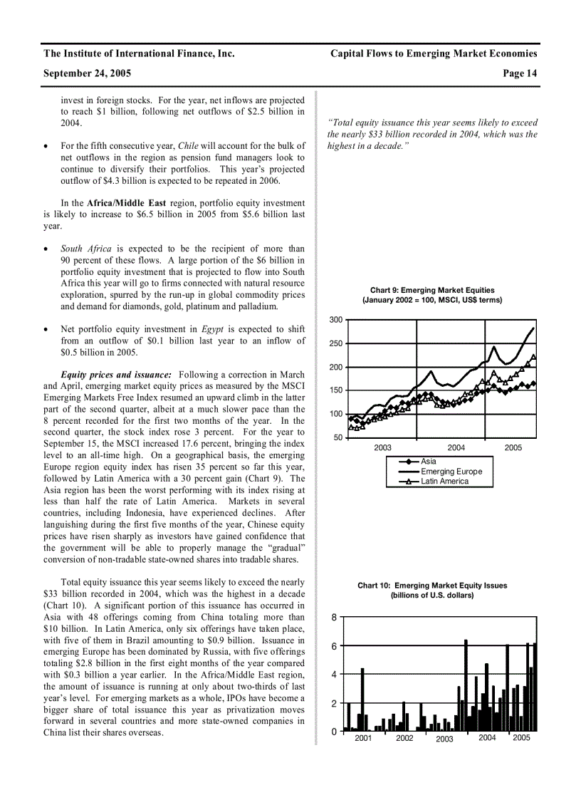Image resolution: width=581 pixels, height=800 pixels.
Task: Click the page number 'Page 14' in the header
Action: [x=520, y=73]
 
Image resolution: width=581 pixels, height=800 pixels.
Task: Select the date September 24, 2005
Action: [x=87, y=73]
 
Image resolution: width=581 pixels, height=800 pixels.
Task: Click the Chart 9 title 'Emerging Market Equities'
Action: [x=432, y=291]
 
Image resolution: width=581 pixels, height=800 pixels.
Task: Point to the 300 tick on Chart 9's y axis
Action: [x=335, y=320]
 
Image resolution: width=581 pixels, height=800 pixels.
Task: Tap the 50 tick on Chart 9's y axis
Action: [x=337, y=437]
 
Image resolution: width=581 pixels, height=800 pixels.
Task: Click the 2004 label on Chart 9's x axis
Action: [x=456, y=447]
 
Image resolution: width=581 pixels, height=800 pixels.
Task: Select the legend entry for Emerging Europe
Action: [x=451, y=472]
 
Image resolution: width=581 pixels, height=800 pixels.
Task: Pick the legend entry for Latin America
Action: [x=444, y=482]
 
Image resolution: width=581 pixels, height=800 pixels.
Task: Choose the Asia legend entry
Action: [x=429, y=462]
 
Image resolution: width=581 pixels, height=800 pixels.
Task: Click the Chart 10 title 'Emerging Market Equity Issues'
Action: [x=432, y=586]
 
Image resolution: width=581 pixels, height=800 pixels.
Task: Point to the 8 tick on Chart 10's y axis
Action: [x=333, y=618]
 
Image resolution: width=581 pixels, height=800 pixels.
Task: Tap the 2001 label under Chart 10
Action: [x=363, y=738]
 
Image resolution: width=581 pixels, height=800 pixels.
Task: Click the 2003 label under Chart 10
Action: [x=444, y=739]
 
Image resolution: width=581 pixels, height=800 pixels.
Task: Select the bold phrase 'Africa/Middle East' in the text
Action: [x=126, y=203]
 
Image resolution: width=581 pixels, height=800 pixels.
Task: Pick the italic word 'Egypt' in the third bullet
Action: [x=213, y=329]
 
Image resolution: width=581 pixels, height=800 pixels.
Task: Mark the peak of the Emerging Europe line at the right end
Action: [x=533, y=328]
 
